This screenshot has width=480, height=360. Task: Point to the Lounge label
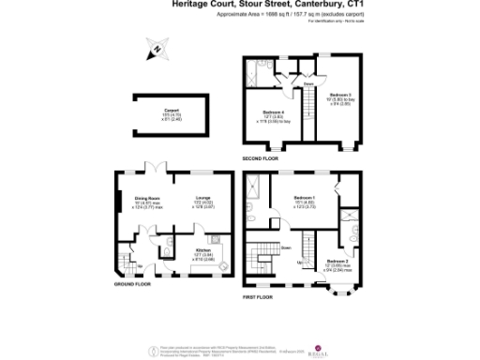(x=202, y=202)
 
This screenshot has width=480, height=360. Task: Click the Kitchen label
(x=203, y=250)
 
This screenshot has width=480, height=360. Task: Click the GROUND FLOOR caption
(x=132, y=283)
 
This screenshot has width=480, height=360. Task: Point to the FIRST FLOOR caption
(x=258, y=296)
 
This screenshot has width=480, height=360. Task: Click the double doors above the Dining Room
(x=153, y=170)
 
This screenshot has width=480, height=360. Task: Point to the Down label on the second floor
(x=307, y=84)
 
